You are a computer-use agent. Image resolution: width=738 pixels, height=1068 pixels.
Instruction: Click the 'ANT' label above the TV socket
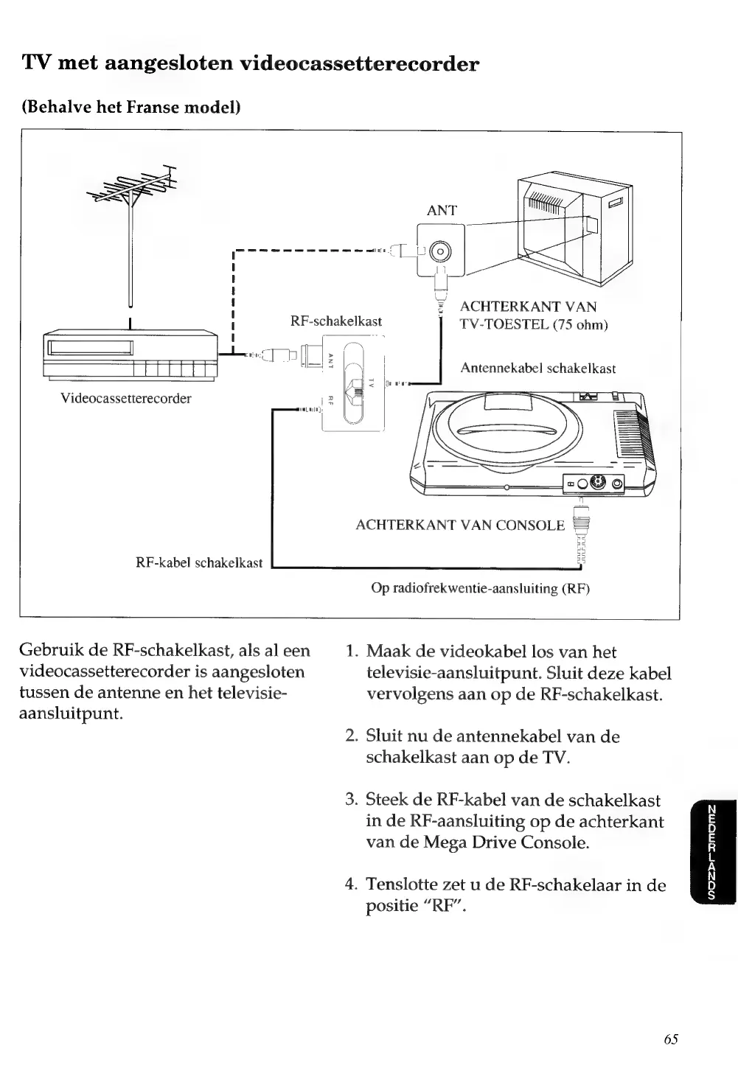pos(442,211)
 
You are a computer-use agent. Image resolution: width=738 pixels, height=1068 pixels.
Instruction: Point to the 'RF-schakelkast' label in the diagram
pos(336,321)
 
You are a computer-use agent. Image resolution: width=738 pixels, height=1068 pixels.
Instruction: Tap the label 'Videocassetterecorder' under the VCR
pos(126,399)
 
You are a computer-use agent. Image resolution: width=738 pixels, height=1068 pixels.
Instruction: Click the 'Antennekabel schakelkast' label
pos(537,369)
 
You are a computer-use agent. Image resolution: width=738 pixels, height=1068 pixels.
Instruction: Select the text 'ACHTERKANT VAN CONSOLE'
pos(460,526)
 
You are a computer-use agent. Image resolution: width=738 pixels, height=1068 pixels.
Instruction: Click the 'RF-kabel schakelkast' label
pos(199,563)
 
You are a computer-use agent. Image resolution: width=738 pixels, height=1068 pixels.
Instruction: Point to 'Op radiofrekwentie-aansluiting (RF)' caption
pos(481,589)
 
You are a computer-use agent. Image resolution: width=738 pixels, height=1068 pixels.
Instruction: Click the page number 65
pos(670,1039)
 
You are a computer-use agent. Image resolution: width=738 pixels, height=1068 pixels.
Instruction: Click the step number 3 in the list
pos(352,800)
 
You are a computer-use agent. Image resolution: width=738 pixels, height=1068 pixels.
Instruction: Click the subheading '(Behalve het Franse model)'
pos(132,107)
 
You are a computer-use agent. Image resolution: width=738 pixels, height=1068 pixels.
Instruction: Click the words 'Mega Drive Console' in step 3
pos(506,842)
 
